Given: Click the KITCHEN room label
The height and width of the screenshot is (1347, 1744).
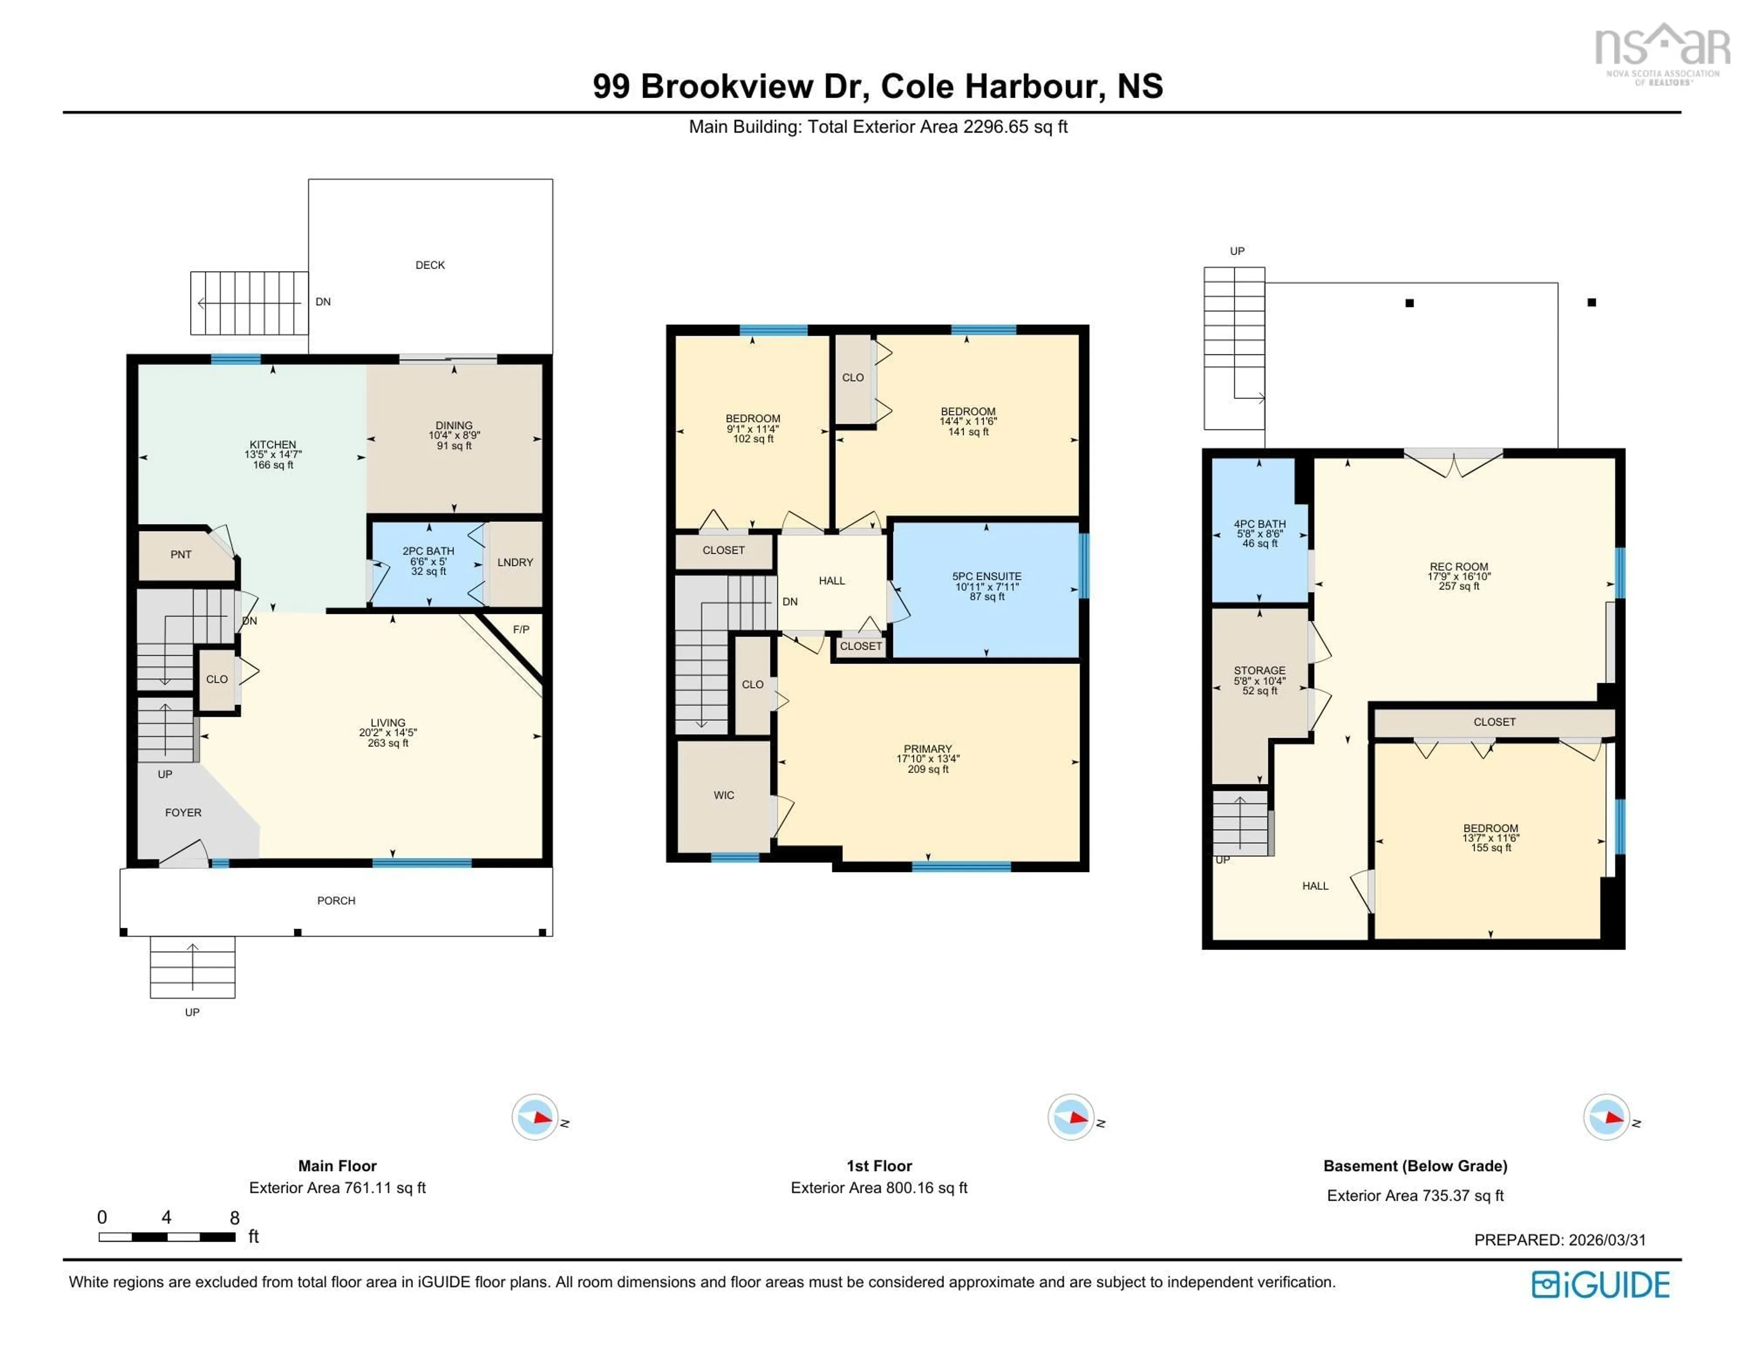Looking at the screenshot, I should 273,445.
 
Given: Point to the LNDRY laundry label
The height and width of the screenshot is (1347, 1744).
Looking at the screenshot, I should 515,563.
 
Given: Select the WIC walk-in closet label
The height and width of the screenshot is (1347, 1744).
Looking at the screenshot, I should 723,795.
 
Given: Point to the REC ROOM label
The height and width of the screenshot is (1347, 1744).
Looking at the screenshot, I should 1459,567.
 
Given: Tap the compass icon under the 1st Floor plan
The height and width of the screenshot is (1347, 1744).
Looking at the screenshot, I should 1070,1117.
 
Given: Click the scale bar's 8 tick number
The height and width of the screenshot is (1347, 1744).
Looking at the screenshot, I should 235,1218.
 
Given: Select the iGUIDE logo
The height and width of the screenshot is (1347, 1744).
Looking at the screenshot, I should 1600,1285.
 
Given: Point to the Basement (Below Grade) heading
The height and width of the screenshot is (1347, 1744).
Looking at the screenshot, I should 1415,1166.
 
